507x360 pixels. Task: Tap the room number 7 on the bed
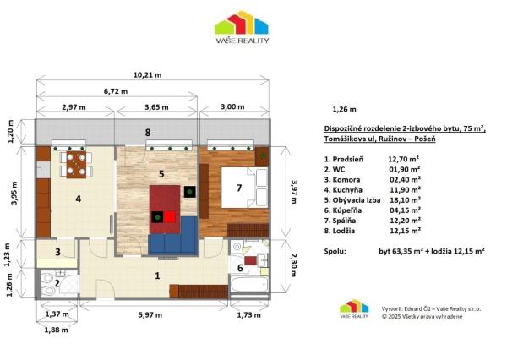click(x=239, y=188)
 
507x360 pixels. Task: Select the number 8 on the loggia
click(x=147, y=133)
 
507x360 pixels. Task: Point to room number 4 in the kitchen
click(x=77, y=199)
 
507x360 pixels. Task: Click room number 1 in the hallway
click(x=156, y=275)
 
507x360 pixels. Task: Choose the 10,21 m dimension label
click(x=152, y=74)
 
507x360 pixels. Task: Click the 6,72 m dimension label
click(x=115, y=91)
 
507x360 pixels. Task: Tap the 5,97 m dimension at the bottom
click(x=151, y=314)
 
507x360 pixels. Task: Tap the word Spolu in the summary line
click(x=335, y=251)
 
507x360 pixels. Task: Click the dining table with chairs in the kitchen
click(x=76, y=163)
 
